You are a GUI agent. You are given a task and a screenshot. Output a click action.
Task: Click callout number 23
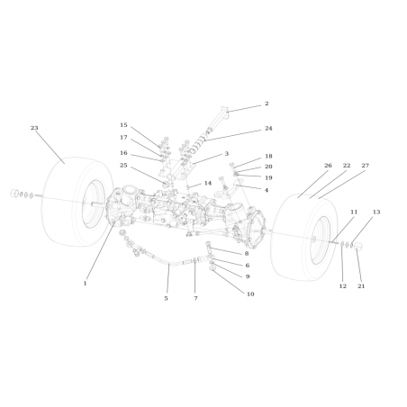coord(34,128)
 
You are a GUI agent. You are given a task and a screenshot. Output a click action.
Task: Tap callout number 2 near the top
coord(267,104)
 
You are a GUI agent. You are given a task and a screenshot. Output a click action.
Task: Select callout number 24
coord(268,129)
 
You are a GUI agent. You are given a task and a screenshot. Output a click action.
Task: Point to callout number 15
coord(123,125)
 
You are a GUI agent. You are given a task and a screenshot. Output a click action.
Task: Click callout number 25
coord(123,165)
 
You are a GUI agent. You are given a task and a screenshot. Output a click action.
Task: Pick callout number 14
coord(207,183)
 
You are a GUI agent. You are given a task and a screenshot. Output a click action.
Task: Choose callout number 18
coord(268,156)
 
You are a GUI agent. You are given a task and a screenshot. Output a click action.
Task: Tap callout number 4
coord(267,190)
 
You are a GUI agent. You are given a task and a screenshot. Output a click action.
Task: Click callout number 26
coord(328,166)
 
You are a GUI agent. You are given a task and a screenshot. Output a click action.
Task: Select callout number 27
coord(366,166)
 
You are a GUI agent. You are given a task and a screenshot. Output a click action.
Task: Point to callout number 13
coord(376,212)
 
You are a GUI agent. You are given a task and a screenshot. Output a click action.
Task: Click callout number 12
coord(342,285)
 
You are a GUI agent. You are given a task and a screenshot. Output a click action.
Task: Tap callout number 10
coord(250,294)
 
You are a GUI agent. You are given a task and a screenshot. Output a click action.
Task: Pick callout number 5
coord(166,298)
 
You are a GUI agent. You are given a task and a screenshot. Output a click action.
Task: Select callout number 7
coord(195,298)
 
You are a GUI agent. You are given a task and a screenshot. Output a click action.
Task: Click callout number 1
coord(85,283)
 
